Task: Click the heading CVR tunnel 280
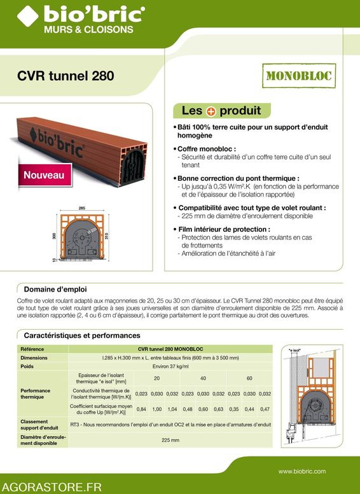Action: point(66,76)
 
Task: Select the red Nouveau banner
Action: point(43,174)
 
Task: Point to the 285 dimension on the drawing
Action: point(81,208)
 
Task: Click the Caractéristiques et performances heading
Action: point(82,335)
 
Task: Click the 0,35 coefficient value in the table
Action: point(234,409)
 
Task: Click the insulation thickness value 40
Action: point(203,378)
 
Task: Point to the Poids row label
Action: point(27,367)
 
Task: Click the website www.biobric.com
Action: point(302,471)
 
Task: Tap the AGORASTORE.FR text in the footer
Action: point(53,486)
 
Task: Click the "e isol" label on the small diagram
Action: point(294,350)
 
